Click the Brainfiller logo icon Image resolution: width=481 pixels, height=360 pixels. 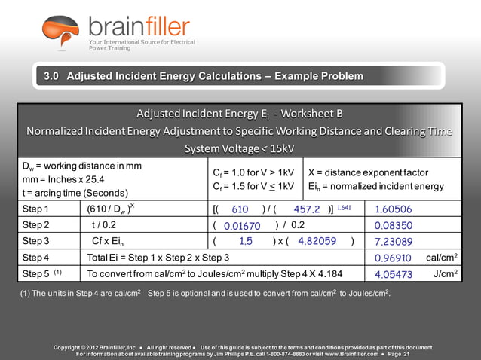pyautogui.click(x=60, y=32)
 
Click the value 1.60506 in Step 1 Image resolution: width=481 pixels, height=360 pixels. pyautogui.click(x=393, y=209)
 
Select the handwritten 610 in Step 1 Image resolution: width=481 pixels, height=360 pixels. pyautogui.click(x=240, y=209)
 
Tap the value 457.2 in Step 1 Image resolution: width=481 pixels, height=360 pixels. pyautogui.click(x=306, y=209)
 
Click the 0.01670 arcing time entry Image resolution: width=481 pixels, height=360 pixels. pyautogui.click(x=242, y=225)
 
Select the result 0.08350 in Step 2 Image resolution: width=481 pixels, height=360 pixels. pyautogui.click(x=393, y=225)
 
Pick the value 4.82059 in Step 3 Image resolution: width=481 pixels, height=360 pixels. pyautogui.click(x=317, y=242)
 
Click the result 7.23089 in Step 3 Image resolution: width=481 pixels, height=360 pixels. pyautogui.click(x=393, y=242)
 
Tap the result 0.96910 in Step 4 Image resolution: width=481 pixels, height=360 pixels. pyautogui.click(x=393, y=258)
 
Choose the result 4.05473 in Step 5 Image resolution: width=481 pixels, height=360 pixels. pyautogui.click(x=393, y=274)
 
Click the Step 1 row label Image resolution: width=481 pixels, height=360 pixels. pyautogui.click(x=35, y=209)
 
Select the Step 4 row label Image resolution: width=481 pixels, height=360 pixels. pyautogui.click(x=35, y=258)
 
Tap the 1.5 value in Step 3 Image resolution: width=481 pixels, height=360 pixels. pyautogui.click(x=246, y=242)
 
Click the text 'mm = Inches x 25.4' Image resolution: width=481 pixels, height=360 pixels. pyautogui.click(x=63, y=179)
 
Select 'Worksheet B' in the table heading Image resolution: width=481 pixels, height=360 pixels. pyautogui.click(x=309, y=113)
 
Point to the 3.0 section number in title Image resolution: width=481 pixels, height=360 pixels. pyautogui.click(x=51, y=77)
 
